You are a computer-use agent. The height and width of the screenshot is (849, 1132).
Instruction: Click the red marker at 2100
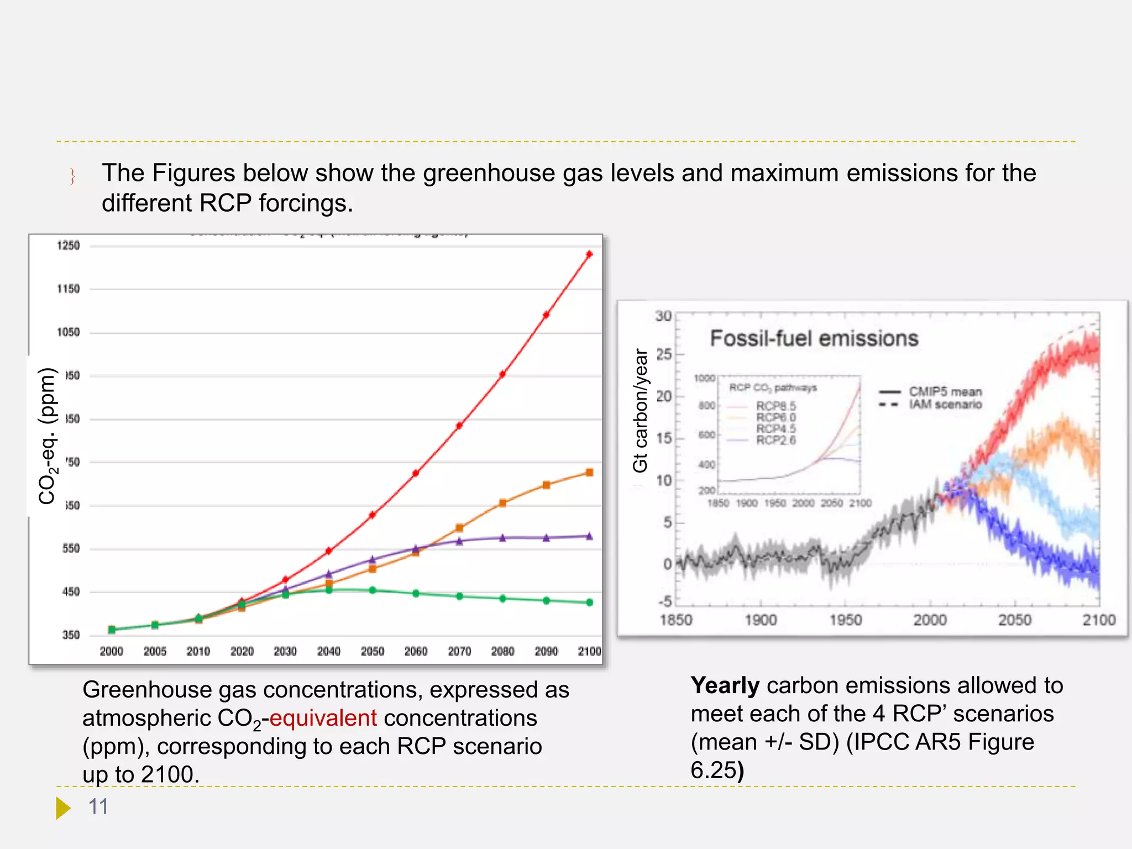pyautogui.click(x=589, y=254)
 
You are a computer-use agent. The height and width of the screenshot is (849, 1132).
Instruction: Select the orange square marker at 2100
pyautogui.click(x=589, y=473)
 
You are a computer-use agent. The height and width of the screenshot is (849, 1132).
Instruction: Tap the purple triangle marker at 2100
pyautogui.click(x=589, y=536)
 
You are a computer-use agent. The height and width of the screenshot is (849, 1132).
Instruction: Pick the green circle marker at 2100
pyautogui.click(x=589, y=602)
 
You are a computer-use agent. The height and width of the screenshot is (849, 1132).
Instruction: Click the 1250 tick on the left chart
pyautogui.click(x=69, y=245)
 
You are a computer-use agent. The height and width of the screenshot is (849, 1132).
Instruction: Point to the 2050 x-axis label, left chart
pyautogui.click(x=372, y=652)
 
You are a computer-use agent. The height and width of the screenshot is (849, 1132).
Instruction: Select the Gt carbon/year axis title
pyautogui.click(x=640, y=410)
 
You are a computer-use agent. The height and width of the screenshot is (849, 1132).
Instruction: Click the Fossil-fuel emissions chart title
pyautogui.click(x=814, y=338)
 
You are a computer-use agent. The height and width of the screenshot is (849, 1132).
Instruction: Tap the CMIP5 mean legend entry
pyautogui.click(x=945, y=392)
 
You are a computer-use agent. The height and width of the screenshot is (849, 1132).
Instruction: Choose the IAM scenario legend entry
pyautogui.click(x=945, y=405)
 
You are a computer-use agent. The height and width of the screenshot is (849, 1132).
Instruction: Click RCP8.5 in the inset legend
pyautogui.click(x=776, y=406)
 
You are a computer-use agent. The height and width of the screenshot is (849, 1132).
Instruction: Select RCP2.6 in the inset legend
pyautogui.click(x=776, y=441)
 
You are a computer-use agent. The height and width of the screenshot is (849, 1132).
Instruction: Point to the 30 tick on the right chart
pyautogui.click(x=663, y=316)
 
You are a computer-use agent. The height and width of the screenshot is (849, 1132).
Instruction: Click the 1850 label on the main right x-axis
pyautogui.click(x=676, y=620)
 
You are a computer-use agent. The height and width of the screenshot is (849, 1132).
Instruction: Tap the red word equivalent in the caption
pyautogui.click(x=323, y=718)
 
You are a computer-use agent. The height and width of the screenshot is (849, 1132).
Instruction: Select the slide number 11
pyautogui.click(x=98, y=807)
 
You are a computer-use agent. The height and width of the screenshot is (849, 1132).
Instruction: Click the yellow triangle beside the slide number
pyautogui.click(x=63, y=808)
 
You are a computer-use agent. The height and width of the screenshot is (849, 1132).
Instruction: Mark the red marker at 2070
pyautogui.click(x=459, y=426)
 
